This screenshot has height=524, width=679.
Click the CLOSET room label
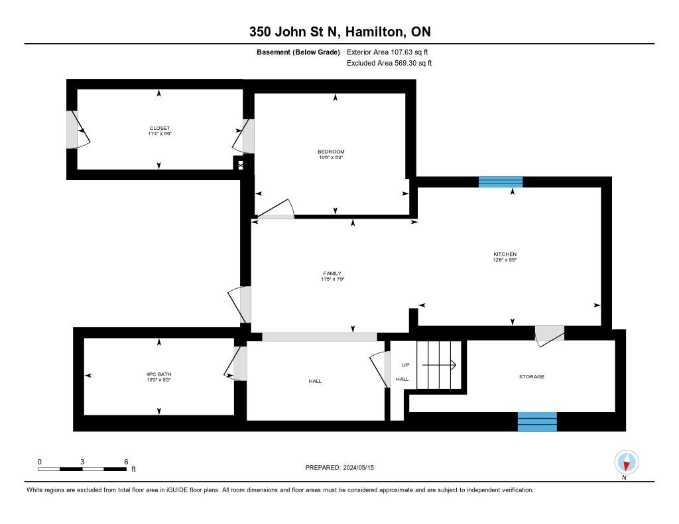pos(159,128)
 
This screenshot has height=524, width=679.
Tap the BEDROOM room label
pos(331,152)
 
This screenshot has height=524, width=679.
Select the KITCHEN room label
pos(505,254)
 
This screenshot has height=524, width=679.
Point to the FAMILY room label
pos(332,274)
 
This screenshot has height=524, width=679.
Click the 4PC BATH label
pos(159,374)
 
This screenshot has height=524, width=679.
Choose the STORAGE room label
pos(531,376)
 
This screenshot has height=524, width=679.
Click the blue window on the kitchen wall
pos(501,182)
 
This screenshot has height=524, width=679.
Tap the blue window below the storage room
pos(537,421)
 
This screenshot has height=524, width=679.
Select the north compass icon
pos(626,462)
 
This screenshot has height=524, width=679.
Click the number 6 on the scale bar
pos(125,462)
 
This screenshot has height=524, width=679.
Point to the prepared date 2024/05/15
pos(362,468)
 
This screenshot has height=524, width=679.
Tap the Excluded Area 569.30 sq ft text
pos(389,64)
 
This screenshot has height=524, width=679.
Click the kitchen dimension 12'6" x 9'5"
pos(505,260)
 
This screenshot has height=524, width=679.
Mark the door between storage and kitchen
pos(549,333)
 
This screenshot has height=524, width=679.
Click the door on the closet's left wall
pos(76,129)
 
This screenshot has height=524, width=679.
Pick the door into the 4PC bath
pos(235,364)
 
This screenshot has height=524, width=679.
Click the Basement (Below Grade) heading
pos(298,52)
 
